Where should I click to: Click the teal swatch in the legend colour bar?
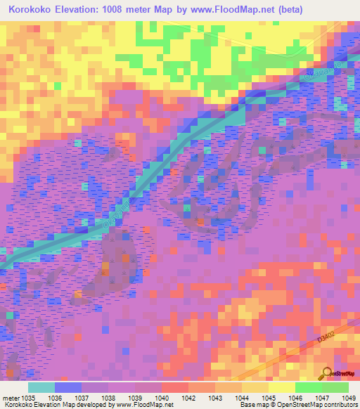coord(41,387)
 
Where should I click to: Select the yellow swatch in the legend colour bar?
coord(281,387)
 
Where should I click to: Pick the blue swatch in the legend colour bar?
coord(68,387)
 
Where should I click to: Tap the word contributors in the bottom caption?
coord(340,405)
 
